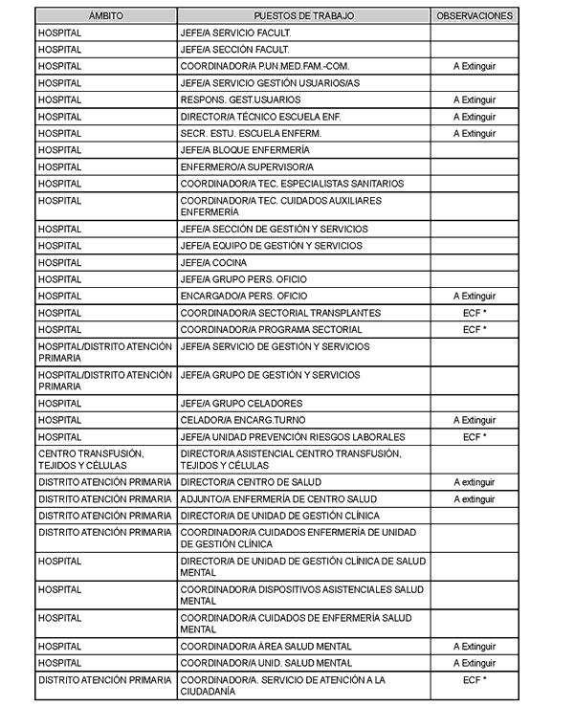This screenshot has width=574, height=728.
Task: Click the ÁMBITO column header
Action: click(x=105, y=16)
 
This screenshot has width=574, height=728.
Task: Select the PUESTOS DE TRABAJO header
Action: click(x=303, y=16)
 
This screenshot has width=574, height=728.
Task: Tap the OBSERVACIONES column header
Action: click(x=475, y=16)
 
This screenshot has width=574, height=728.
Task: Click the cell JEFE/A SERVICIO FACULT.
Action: click(x=235, y=33)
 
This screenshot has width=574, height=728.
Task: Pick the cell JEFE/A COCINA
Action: click(x=213, y=263)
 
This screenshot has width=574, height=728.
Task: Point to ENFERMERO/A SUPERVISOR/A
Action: click(x=247, y=166)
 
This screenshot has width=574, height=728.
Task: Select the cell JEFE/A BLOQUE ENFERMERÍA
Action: click(x=245, y=150)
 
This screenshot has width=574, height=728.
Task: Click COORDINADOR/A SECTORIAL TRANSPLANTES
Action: click(x=280, y=313)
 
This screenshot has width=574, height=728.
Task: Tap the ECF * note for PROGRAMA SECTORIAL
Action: click(x=475, y=330)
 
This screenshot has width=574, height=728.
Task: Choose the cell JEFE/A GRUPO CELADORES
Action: click(x=241, y=404)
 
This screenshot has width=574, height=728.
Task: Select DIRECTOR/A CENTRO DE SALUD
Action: click(x=251, y=482)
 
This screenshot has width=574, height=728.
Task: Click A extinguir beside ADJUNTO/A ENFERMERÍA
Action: click(x=475, y=499)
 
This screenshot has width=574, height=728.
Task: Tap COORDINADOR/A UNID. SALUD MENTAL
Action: click(x=266, y=663)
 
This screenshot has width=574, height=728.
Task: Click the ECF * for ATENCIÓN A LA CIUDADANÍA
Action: click(x=475, y=680)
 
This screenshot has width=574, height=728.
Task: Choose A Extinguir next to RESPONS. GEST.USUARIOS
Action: click(x=475, y=99)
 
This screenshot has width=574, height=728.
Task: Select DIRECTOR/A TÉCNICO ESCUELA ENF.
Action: click(x=260, y=117)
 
